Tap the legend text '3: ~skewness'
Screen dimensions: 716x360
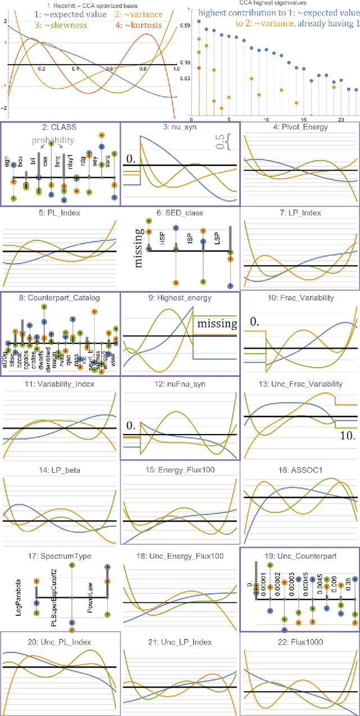click(x=58, y=25)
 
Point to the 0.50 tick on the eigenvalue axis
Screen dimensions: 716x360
click(x=183, y=25)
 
